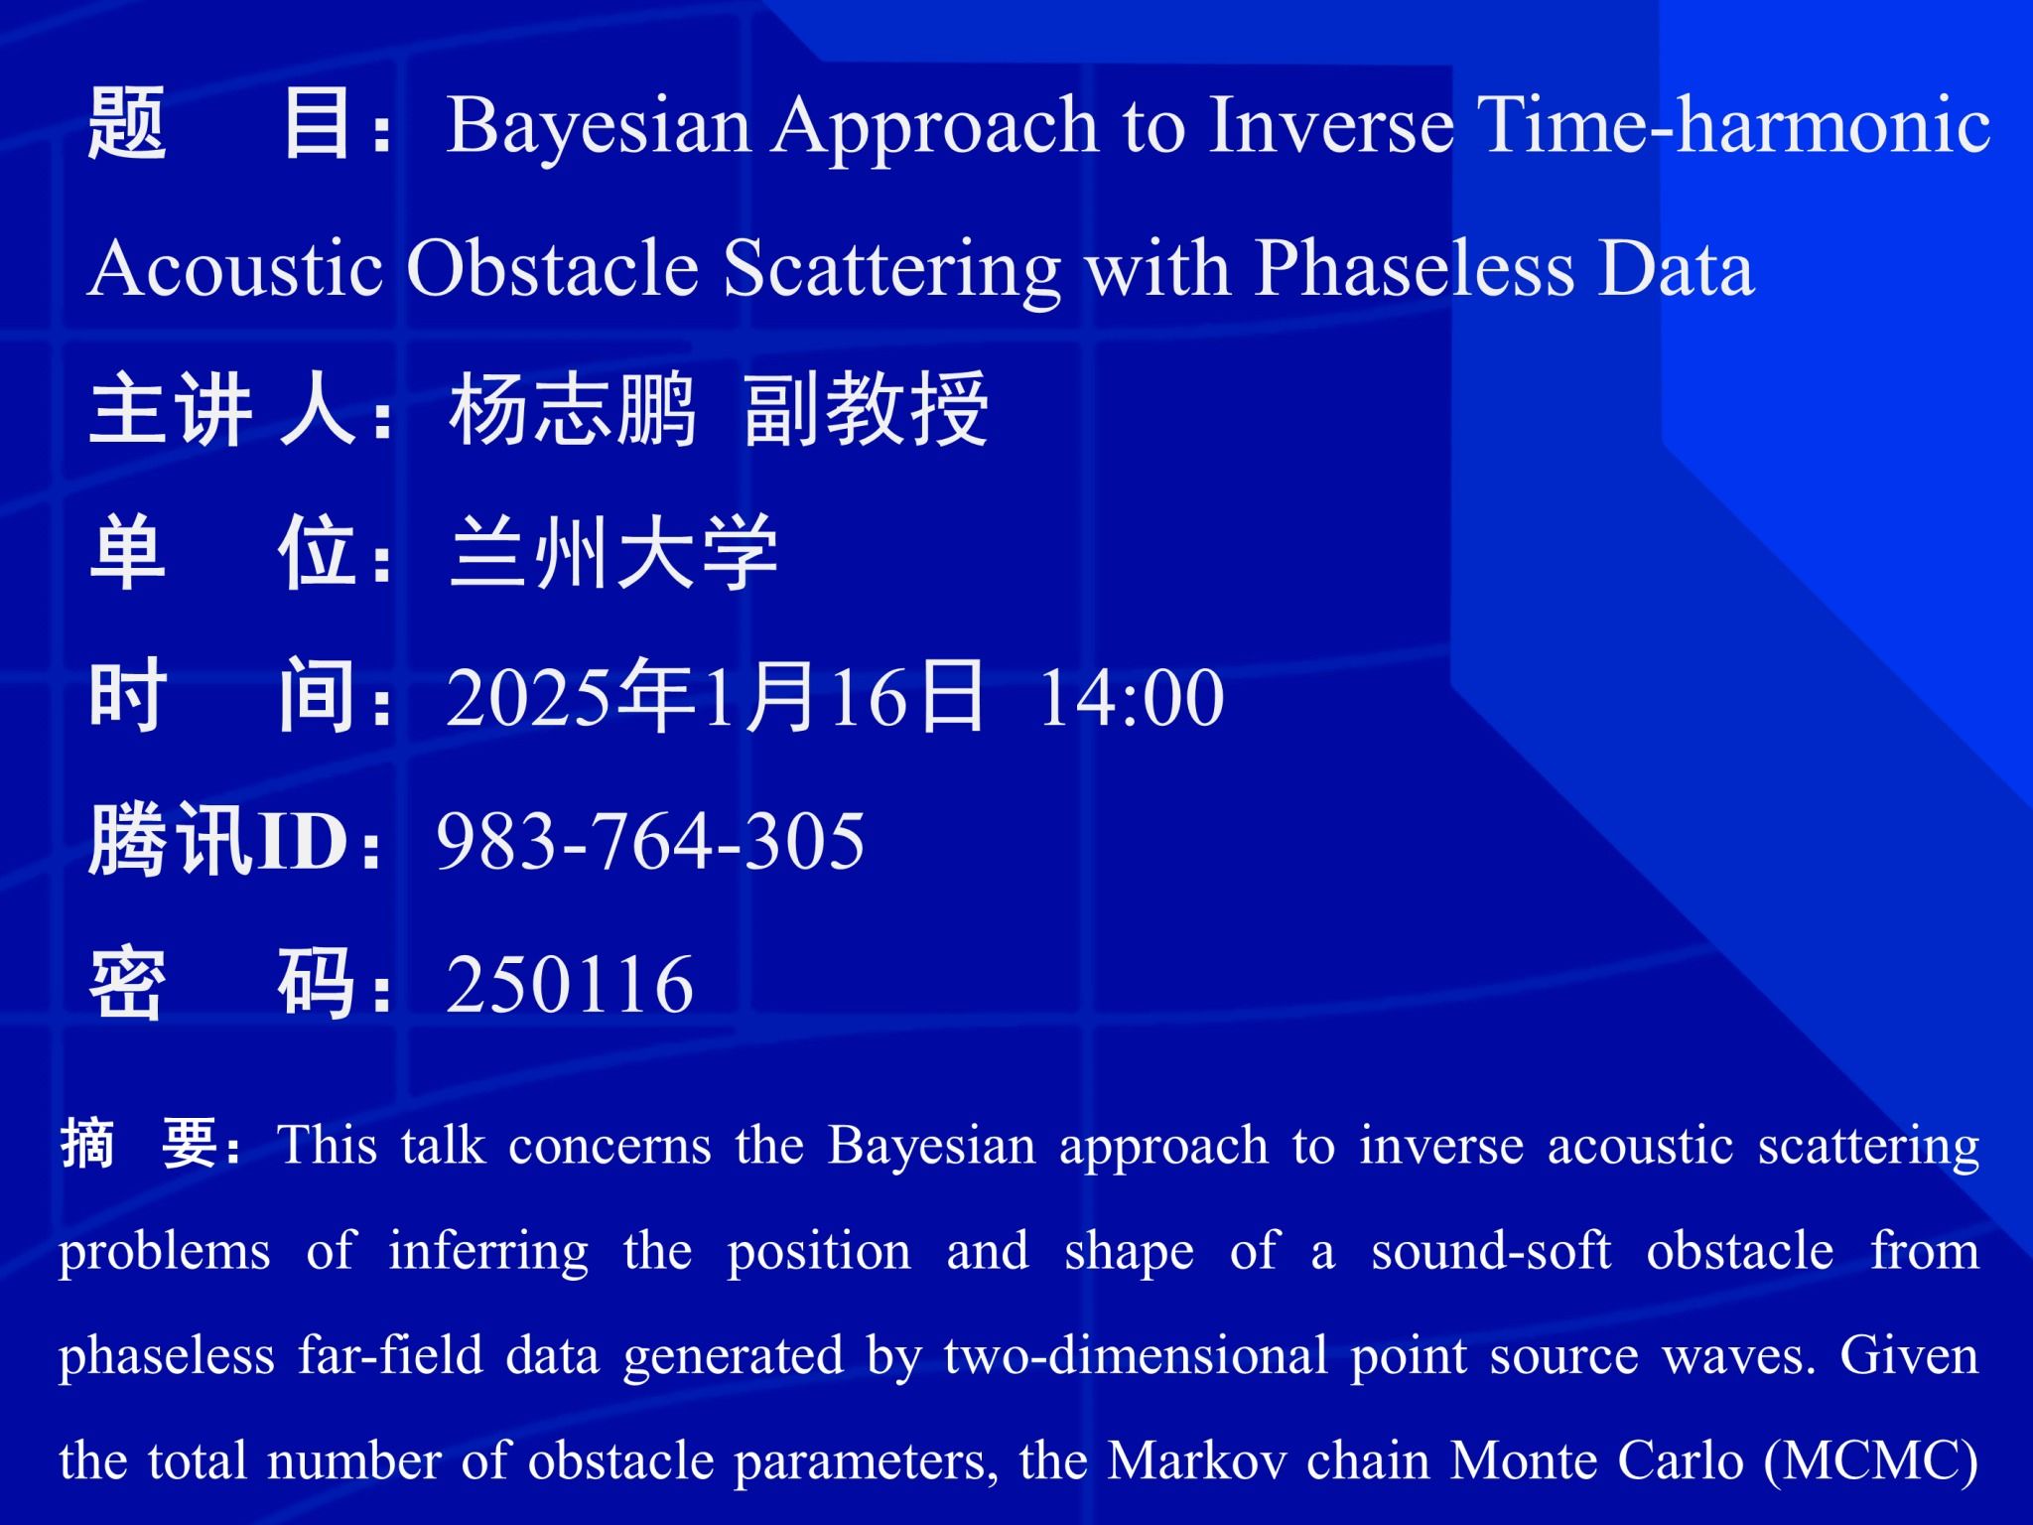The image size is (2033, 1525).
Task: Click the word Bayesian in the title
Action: click(599, 128)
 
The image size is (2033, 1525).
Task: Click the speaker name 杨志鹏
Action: click(573, 410)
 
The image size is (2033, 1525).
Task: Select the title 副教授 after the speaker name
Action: click(866, 410)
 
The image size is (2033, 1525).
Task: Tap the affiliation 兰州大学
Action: click(613, 553)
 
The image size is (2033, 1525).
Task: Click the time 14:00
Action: click(1132, 698)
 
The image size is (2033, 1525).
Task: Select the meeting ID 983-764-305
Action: click(651, 841)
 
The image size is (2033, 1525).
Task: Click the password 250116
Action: click(570, 984)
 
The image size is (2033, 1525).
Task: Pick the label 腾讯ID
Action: click(218, 841)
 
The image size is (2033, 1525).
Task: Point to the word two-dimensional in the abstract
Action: click(1136, 1356)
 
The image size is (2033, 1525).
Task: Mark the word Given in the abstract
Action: click(1909, 1356)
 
